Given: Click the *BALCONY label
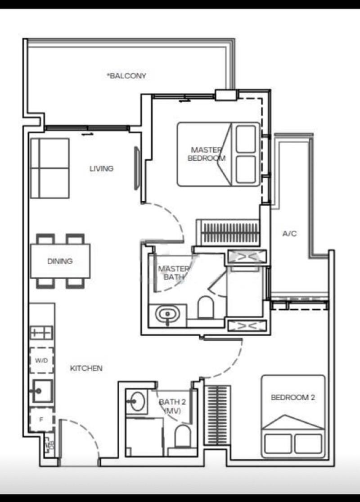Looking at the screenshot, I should click(126, 76).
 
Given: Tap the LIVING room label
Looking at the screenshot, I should click(101, 169).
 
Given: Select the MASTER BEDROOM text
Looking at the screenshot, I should click(207, 154).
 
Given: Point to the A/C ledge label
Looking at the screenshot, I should click(290, 234).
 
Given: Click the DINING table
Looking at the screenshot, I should click(60, 261).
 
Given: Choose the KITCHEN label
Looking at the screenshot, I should click(86, 368).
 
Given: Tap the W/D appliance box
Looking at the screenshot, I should click(42, 360).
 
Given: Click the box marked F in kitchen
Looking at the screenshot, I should click(41, 420).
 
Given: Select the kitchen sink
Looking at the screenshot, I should click(42, 391).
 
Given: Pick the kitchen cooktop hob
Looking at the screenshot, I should click(41, 333).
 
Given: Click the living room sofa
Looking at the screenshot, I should click(49, 168).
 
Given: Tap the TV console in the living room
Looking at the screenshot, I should click(137, 168).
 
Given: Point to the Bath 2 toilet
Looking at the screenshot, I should click(183, 436).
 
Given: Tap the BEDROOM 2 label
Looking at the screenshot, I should click(292, 398).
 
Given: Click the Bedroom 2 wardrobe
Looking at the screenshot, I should click(218, 415).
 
